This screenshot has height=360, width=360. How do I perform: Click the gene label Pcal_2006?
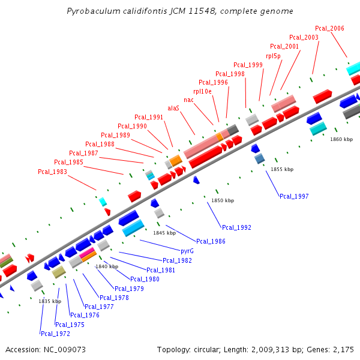[x=329, y=28]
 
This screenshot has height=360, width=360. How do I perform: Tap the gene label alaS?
[x=173, y=108]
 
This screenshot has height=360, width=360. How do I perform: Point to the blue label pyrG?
[x=187, y=251]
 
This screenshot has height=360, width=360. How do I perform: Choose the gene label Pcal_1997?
[x=294, y=196]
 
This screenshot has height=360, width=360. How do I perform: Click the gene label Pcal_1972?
[x=55, y=334]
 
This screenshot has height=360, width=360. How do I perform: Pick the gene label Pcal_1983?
[x=52, y=172]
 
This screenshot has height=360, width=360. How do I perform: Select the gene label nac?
[x=188, y=100]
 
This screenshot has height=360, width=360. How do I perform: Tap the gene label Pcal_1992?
[x=236, y=227]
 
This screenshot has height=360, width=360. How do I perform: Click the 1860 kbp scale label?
[x=341, y=139]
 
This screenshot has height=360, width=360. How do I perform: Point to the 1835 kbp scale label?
[x=50, y=301]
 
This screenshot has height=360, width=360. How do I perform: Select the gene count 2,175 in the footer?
[x=342, y=349]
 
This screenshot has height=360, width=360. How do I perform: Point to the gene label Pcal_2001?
[x=284, y=46]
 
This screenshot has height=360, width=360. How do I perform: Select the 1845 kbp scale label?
[x=164, y=233]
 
